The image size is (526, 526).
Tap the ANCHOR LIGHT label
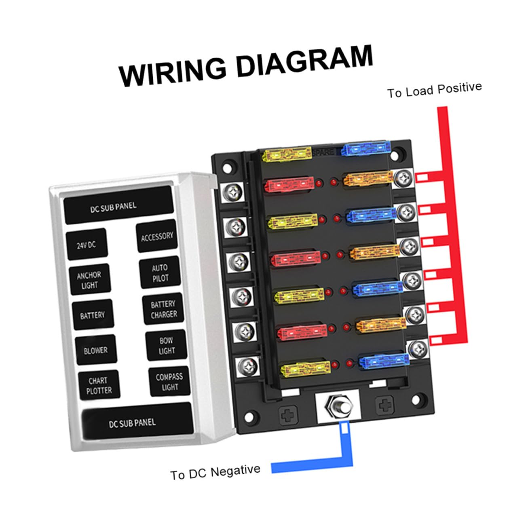coord(89,280)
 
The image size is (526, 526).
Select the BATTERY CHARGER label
coord(163,309)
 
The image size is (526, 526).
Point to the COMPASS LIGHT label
coord(169,382)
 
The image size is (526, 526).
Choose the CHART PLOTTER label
coord(99,385)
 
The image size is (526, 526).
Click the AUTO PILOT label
coord(160,273)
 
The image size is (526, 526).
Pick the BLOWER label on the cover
coord(96,350)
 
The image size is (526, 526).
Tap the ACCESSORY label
coord(157,236)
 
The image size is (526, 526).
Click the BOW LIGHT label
coord(167,345)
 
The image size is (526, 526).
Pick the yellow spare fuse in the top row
coord(287,154)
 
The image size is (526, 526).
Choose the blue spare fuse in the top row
coord(366,148)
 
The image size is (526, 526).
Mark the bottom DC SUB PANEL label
coord(132,423)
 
